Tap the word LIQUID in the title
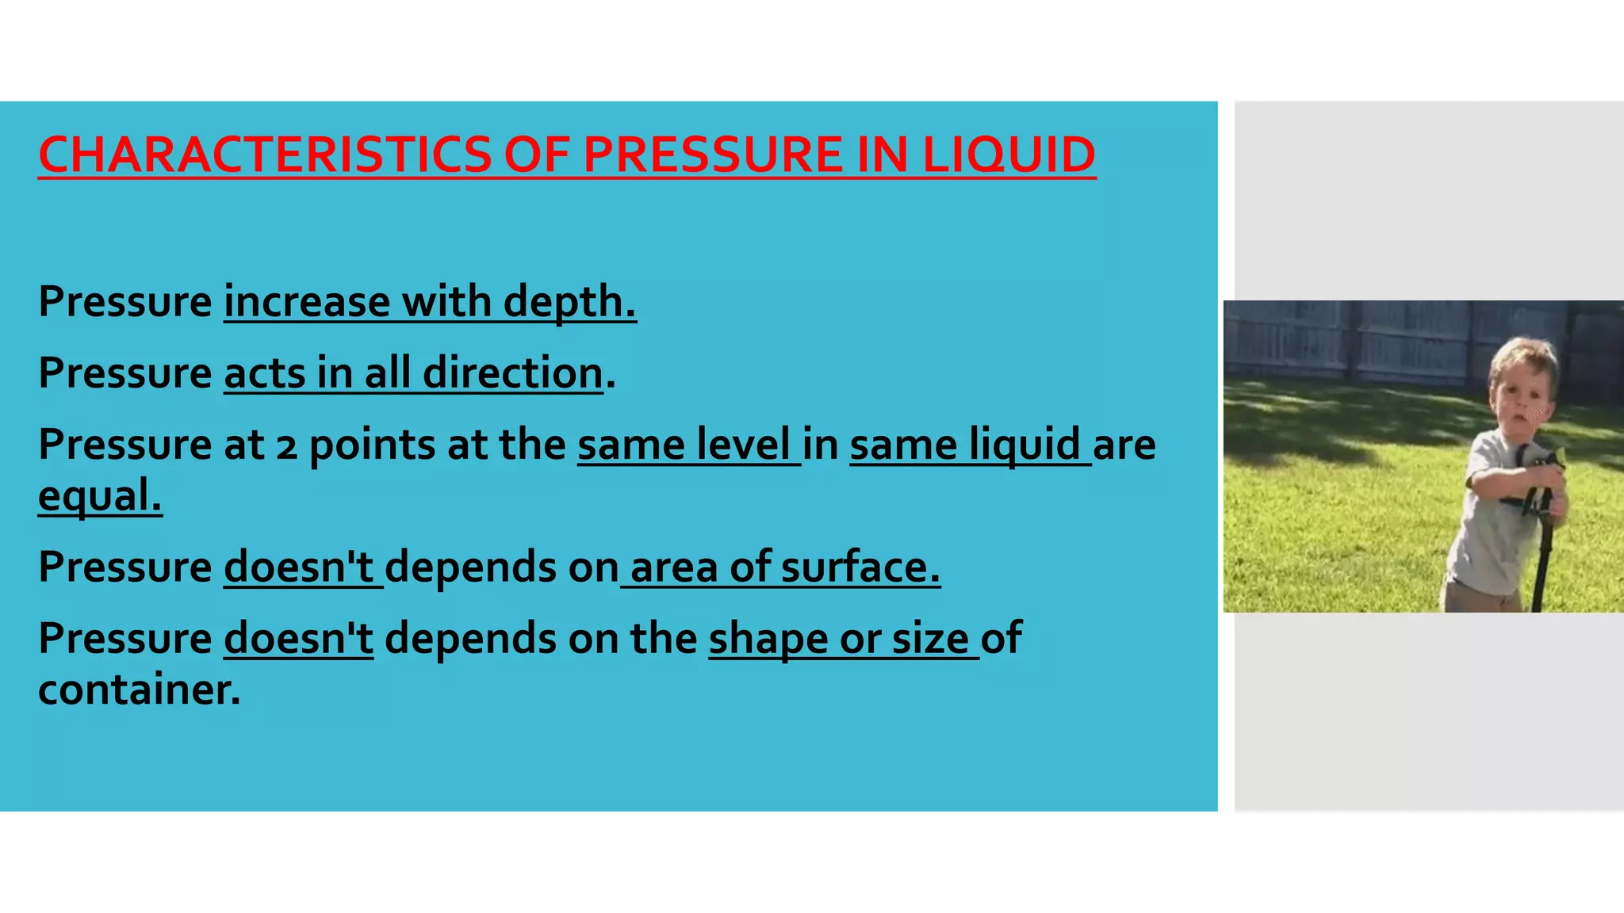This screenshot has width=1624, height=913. [1009, 155]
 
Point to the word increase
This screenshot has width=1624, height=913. [307, 302]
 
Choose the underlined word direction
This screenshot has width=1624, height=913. [512, 373]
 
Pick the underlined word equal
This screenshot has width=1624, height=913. [99, 496]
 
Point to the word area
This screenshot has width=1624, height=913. [674, 567]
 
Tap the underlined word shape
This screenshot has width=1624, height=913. [768, 640]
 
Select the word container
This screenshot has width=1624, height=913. [139, 690]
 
